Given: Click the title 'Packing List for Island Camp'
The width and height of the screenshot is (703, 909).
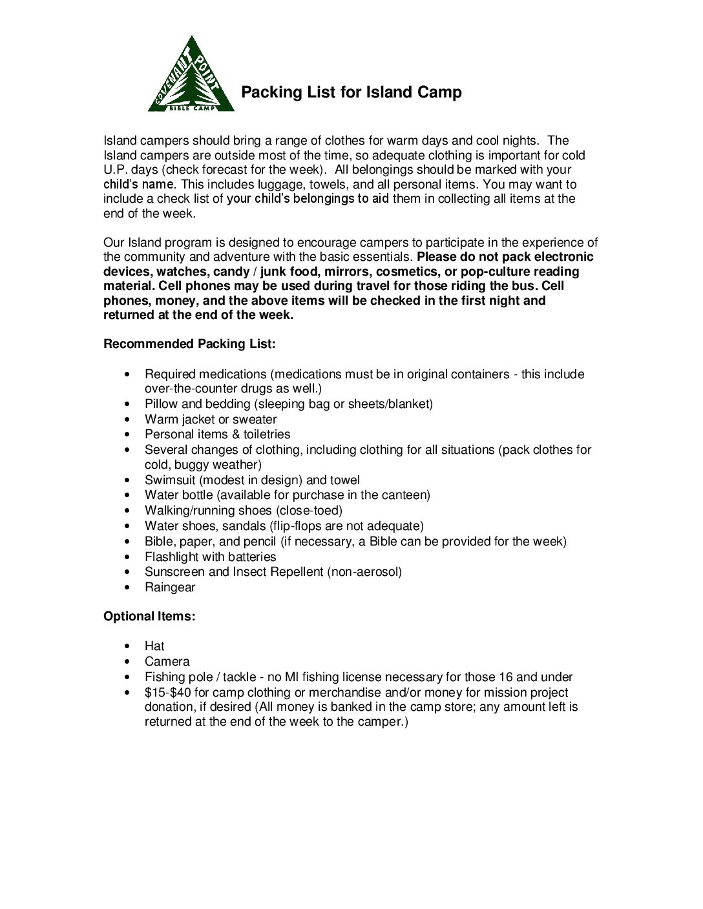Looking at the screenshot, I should click(x=351, y=92).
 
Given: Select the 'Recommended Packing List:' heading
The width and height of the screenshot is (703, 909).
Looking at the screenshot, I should click(x=189, y=343).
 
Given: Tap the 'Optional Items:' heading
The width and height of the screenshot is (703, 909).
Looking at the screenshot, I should click(x=149, y=617).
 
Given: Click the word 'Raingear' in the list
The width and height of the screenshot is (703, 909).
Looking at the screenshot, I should click(x=170, y=587).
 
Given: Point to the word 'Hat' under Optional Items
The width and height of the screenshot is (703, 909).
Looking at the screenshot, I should click(x=154, y=646).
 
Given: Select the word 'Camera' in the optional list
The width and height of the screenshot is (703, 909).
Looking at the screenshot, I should click(x=167, y=662).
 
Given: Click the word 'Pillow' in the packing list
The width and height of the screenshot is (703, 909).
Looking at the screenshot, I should click(x=161, y=404).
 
